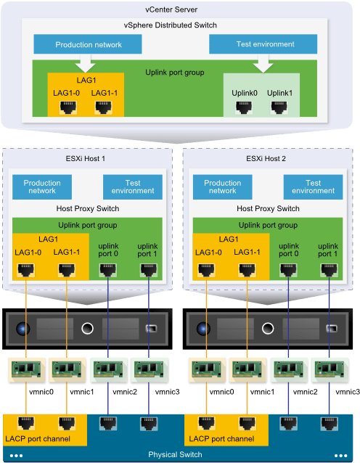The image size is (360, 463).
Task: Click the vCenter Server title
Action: [171, 9]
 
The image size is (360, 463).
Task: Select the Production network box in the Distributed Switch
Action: [88, 44]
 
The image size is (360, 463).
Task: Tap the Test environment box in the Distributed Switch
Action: [263, 44]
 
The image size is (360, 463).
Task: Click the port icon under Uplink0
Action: [244, 107]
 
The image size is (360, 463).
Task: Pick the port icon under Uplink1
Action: [279, 107]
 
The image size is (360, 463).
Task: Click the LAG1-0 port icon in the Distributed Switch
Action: [68, 107]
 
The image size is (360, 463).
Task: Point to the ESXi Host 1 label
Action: [86, 158]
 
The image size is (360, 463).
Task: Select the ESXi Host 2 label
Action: [266, 158]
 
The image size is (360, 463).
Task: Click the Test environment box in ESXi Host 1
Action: [133, 187]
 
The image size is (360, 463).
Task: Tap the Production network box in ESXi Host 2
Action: [222, 187]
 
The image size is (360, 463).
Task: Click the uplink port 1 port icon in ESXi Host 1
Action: [149, 270]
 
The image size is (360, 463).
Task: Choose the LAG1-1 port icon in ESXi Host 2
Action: [247, 270]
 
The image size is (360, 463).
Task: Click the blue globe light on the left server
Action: [22, 328]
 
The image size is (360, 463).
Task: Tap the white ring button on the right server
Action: [268, 328]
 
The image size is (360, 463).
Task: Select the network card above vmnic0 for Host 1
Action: [26, 370]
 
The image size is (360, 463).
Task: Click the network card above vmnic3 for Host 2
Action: [330, 370]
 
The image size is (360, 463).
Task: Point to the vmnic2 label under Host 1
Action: [125, 392]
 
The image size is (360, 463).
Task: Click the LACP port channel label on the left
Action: [38, 439]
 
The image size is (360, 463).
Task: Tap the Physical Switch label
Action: [175, 454]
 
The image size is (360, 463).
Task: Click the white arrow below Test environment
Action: [263, 63]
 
